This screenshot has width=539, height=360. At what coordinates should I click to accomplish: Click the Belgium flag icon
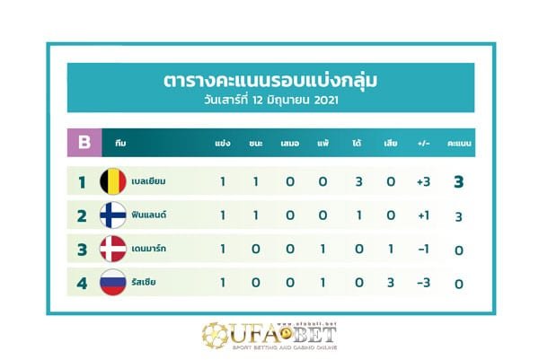tap(112, 181)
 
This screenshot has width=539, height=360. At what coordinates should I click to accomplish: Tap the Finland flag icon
tap(112, 215)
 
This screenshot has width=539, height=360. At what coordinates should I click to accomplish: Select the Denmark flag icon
tap(112, 249)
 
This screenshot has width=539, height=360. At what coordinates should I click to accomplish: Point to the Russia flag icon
tap(112, 283)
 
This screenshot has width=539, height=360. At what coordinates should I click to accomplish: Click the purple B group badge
tap(84, 142)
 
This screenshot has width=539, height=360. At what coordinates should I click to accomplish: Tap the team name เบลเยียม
tap(148, 182)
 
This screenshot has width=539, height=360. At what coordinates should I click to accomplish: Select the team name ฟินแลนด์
tap(150, 215)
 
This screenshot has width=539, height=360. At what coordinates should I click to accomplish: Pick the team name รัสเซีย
tap(144, 283)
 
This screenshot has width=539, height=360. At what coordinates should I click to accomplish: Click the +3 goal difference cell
tap(423, 182)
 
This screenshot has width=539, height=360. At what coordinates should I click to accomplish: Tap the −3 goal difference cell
tap(423, 284)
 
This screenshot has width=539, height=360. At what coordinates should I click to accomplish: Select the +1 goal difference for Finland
tap(423, 216)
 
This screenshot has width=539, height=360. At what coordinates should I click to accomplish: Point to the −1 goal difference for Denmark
tap(423, 250)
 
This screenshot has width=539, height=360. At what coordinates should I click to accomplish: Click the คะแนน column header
tap(458, 143)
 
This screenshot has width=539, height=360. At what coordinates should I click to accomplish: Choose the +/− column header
tap(423, 143)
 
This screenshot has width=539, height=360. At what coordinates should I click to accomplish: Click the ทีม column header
tap(120, 143)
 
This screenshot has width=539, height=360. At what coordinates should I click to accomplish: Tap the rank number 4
tap(81, 284)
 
